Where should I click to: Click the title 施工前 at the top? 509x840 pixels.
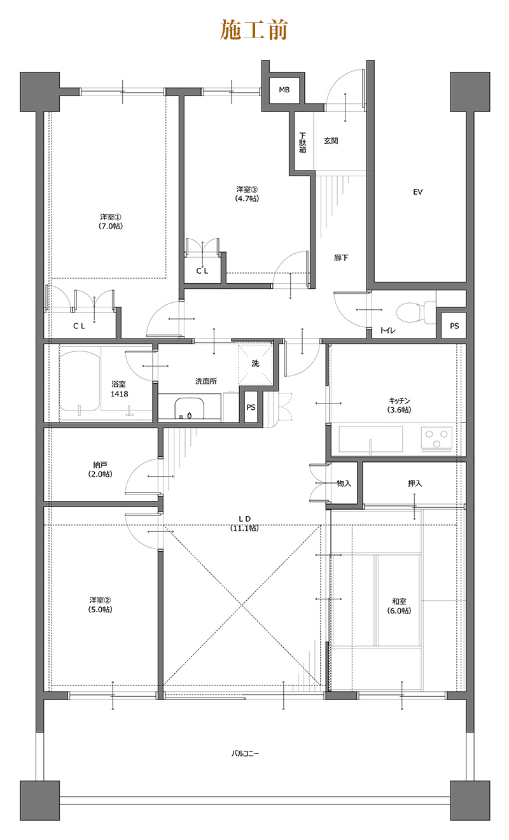point(254,30)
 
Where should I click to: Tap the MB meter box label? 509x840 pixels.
point(284,90)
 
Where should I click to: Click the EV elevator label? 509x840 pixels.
point(417,192)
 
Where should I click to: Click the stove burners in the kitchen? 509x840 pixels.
point(436,438)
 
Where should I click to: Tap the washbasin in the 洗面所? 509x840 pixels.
point(190,408)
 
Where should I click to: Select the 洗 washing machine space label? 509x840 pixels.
point(255,363)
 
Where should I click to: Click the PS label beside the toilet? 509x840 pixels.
point(454,326)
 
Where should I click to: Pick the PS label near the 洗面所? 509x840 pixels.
point(251,407)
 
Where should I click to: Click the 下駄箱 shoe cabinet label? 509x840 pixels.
point(302,143)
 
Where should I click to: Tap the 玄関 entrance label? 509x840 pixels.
point(331,141)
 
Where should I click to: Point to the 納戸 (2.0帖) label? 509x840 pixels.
point(100,470)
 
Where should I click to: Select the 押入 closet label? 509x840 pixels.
point(415,484)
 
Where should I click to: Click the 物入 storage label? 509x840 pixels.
point(344,484)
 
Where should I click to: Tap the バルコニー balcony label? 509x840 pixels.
point(245,753)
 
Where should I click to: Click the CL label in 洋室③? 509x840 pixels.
point(202,270)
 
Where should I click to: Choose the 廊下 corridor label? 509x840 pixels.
point(341,258)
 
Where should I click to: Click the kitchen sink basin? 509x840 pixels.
point(370,438)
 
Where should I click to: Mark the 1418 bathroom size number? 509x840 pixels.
point(119,394)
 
